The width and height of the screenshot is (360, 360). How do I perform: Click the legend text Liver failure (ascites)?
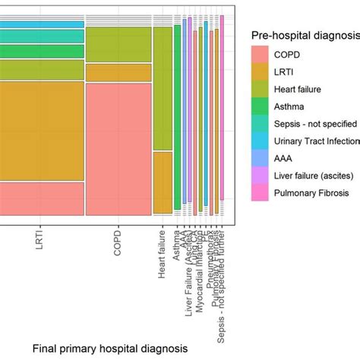(317, 177)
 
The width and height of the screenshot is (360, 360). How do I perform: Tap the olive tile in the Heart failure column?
(163, 87)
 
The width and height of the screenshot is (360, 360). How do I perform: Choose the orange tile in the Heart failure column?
(163, 182)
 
